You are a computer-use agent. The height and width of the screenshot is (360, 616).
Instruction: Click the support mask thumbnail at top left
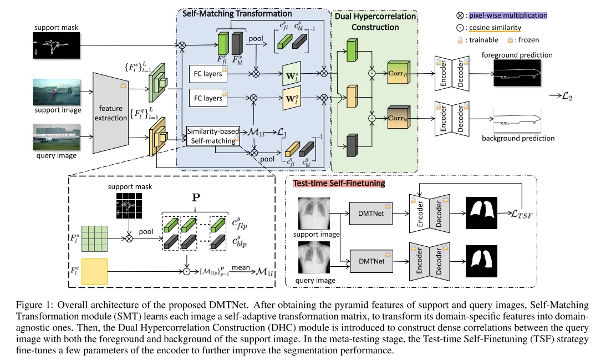(56, 45)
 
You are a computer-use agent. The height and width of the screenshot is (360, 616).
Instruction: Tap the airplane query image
(57, 137)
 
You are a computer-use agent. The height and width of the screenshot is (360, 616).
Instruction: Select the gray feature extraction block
(110, 113)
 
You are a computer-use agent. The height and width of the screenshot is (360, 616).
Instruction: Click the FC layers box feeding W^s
(208, 74)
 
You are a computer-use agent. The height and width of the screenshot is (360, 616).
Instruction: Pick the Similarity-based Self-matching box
(213, 136)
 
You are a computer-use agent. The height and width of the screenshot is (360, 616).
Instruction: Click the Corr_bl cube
(398, 117)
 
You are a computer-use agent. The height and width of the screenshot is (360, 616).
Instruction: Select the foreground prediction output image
(517, 73)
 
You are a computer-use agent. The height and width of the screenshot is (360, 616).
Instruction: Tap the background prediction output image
(517, 119)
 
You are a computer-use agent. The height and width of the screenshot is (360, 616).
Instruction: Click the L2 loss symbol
(567, 96)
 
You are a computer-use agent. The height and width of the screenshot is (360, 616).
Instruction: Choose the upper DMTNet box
(371, 214)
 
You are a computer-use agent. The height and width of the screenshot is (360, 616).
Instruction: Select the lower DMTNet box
(371, 261)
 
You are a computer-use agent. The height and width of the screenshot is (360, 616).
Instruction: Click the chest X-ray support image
(314, 214)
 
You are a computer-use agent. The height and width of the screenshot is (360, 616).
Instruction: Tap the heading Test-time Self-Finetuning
(339, 183)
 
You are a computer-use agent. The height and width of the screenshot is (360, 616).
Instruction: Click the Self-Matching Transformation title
(237, 14)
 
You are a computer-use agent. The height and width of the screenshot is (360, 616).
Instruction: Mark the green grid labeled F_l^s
(94, 239)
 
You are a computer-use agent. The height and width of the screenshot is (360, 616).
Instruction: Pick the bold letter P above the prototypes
(196, 197)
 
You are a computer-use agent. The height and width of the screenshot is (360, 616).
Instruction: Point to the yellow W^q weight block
(292, 98)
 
